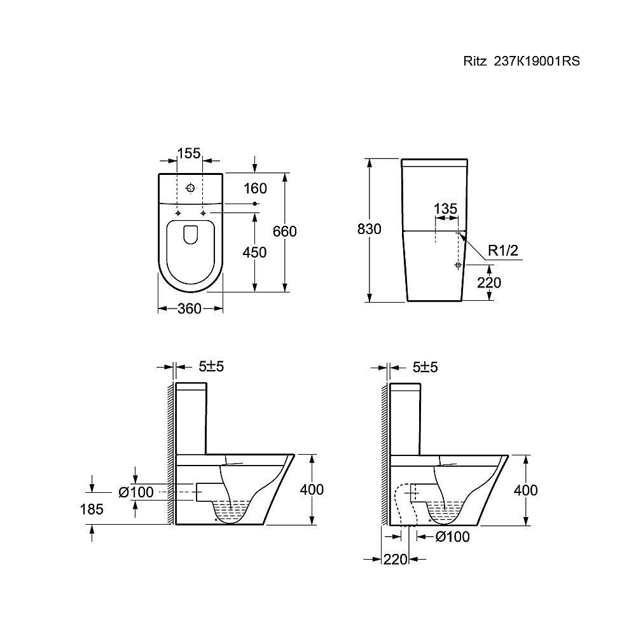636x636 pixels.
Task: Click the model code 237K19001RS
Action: point(536,61)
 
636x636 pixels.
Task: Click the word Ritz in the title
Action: point(475,61)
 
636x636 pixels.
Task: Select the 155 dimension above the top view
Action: point(189,153)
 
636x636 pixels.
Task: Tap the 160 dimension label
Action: point(255,188)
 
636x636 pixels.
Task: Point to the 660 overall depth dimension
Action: point(285,232)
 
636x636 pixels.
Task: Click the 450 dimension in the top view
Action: point(255,252)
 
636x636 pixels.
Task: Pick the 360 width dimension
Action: point(190,309)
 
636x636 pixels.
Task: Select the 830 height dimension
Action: point(369,229)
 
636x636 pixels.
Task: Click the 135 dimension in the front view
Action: point(445,209)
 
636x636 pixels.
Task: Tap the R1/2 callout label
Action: point(503,251)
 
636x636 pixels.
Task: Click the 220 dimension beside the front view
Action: point(489,282)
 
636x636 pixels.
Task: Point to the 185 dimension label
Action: point(92,509)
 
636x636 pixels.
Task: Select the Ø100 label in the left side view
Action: point(136,492)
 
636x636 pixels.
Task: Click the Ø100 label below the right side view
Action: point(452,537)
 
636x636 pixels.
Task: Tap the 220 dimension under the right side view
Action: point(396,560)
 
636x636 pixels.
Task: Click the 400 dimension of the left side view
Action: point(312,490)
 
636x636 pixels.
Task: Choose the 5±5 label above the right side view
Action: point(425,368)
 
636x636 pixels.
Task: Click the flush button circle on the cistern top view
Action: point(190,188)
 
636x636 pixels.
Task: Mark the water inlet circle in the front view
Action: point(458,265)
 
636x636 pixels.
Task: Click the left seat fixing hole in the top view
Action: point(177,213)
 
